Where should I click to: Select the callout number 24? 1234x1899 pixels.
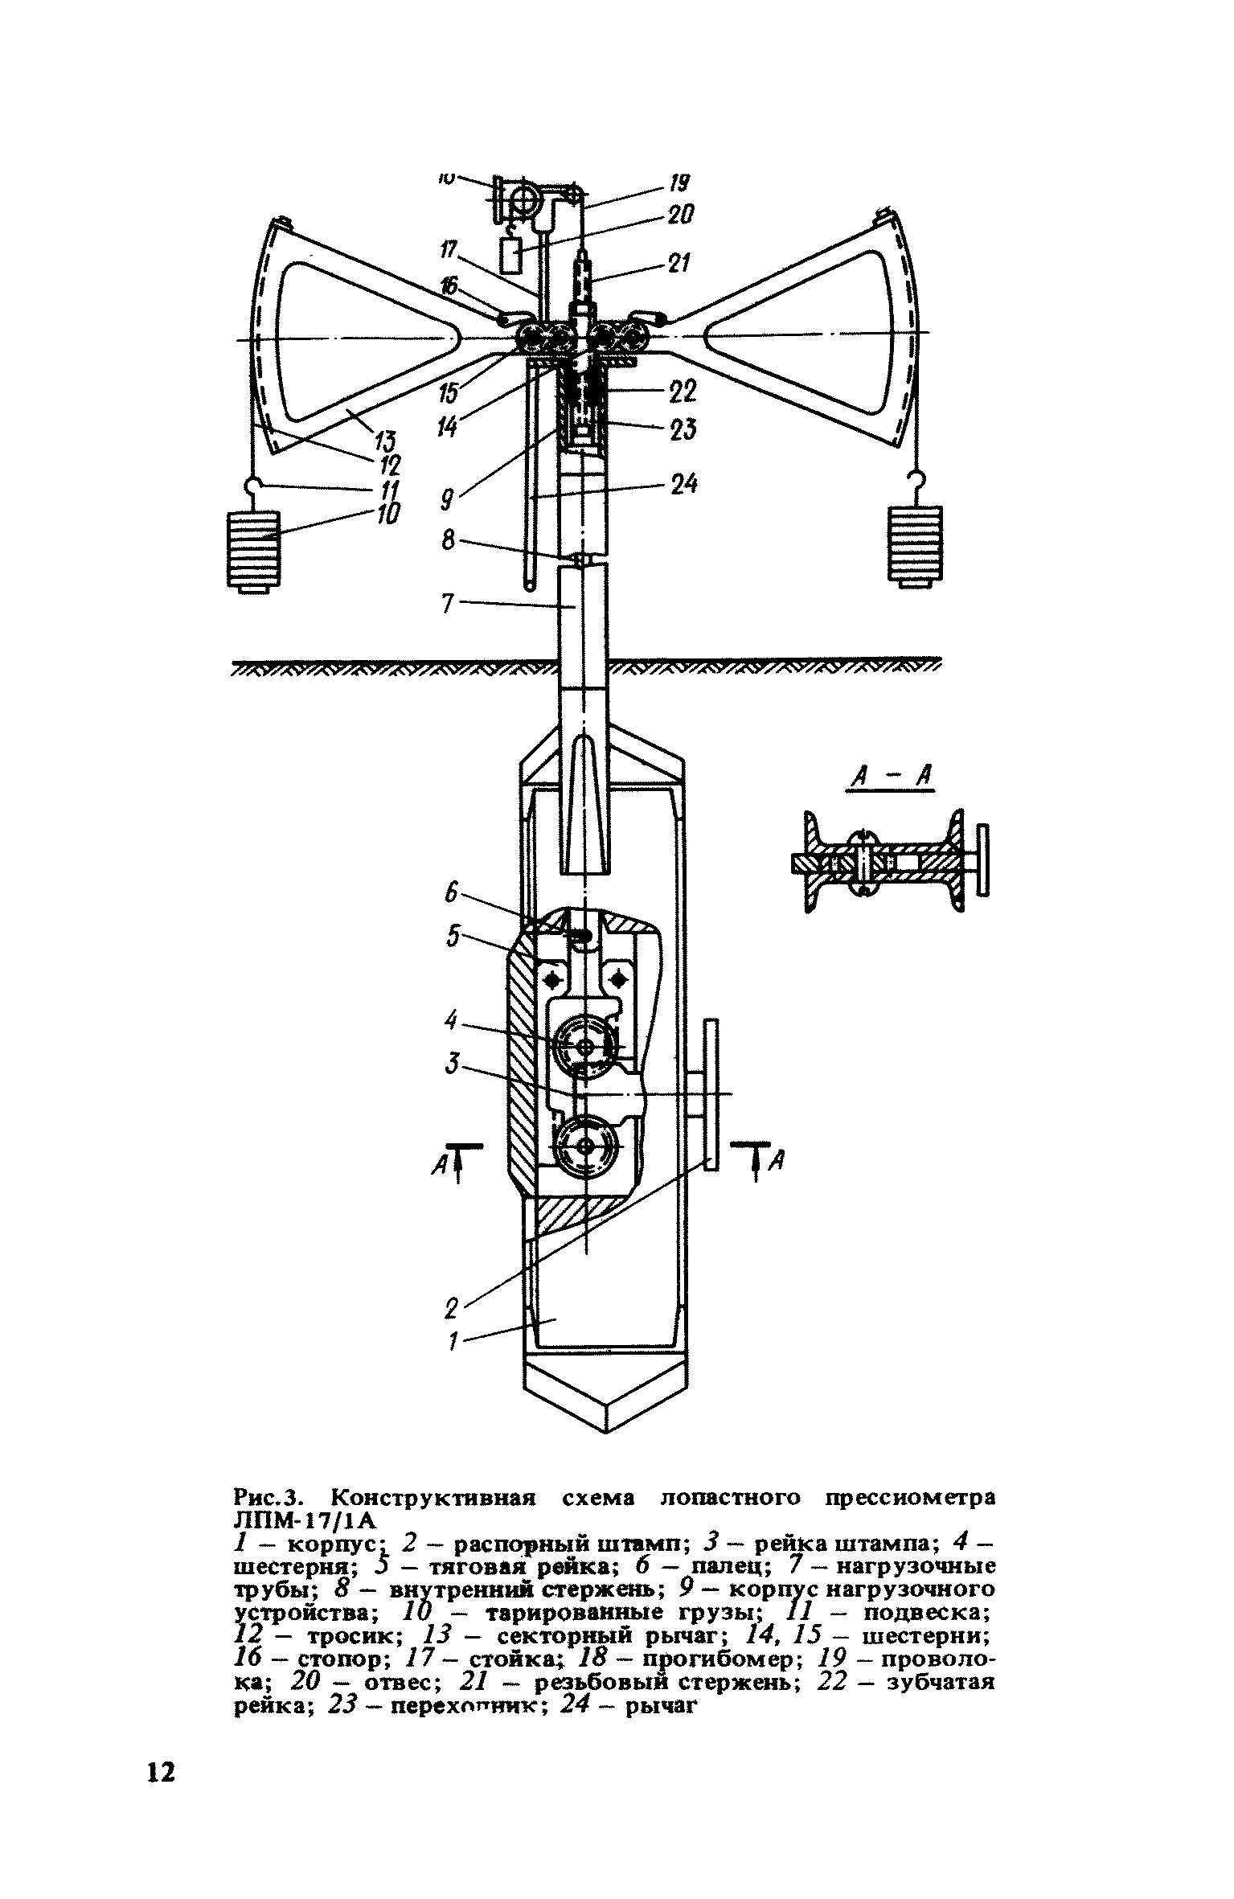coord(683,484)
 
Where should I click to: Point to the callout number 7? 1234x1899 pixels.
coord(449,603)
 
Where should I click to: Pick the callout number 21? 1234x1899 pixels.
coord(680,263)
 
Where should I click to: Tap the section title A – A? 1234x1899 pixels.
coord(891,777)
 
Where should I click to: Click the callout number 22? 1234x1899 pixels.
coord(683,392)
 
